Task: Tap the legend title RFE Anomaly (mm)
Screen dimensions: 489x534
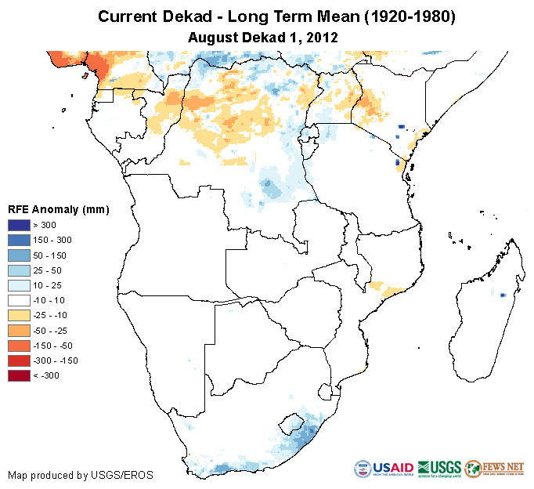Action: pos(58,210)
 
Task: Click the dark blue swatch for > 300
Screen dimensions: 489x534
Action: pos(20,225)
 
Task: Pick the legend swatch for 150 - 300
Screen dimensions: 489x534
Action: pos(20,240)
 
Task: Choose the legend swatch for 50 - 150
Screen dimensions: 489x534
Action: pos(20,255)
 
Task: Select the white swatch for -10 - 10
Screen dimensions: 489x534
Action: pos(20,300)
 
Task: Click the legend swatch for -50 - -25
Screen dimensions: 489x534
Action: pos(20,330)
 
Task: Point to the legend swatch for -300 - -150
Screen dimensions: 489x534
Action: pos(20,360)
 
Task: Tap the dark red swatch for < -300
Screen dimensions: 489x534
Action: pos(20,375)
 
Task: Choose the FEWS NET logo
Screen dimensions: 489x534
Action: pos(494,468)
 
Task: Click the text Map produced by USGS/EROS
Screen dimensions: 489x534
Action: pos(81,475)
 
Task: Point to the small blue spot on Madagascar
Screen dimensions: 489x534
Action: pos(503,295)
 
